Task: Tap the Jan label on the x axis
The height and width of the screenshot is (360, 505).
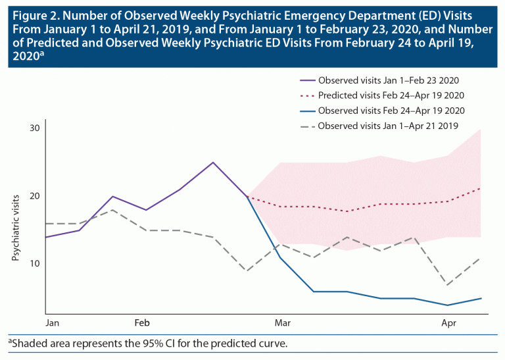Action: coord(53,324)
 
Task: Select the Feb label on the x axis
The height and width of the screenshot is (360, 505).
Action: coord(142,324)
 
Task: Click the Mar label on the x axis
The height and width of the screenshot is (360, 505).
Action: coord(283,324)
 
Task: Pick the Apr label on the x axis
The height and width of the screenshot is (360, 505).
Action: coord(448,324)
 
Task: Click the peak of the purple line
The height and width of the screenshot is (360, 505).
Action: coord(213,162)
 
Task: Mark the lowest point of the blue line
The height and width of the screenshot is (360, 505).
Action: coord(448,305)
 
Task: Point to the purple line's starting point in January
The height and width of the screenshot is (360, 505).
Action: coord(45,237)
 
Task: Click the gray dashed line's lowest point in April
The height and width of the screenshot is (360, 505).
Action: coord(448,285)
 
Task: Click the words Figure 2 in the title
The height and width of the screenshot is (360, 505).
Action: coord(32,14)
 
